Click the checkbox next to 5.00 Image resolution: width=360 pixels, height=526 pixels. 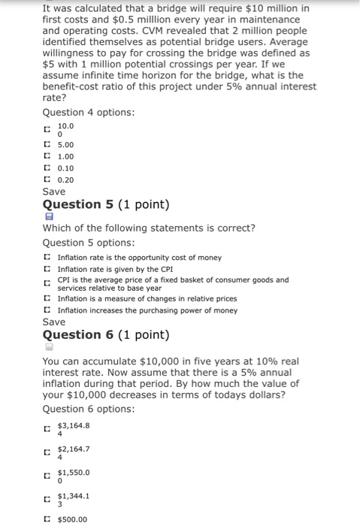point(47,144)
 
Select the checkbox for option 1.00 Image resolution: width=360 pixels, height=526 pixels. point(47,156)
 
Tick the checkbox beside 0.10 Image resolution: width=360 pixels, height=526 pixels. point(47,168)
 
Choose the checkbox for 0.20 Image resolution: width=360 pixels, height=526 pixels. point(47,180)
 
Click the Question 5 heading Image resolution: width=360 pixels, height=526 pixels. point(106,205)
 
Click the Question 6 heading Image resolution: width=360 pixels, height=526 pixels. point(106,335)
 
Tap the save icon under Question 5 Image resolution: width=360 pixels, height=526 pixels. point(47,216)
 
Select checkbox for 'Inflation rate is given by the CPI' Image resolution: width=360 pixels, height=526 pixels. point(47,268)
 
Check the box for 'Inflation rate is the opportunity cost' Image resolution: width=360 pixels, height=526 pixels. point(47,257)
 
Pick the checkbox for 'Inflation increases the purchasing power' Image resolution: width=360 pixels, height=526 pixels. point(47,310)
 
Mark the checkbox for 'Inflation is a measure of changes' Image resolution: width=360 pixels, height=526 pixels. point(47,299)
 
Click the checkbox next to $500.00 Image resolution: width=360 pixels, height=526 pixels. point(47,519)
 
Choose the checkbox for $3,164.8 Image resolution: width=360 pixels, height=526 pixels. point(47,429)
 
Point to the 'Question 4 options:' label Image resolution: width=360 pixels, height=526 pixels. point(89,113)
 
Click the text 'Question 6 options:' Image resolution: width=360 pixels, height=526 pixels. point(89,410)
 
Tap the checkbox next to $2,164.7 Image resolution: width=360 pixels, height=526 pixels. point(47,452)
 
